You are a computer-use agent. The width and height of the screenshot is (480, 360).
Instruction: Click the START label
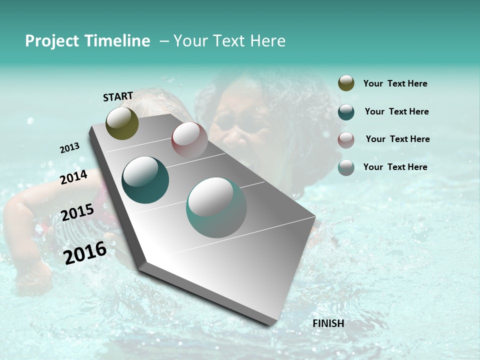118,96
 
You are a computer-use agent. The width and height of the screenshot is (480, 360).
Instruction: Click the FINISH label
328,323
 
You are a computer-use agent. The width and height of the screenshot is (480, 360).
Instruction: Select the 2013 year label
69,148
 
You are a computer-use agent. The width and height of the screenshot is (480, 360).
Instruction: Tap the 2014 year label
73,177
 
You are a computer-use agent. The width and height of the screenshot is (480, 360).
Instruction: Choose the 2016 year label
85,252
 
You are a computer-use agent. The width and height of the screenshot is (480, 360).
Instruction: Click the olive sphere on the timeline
122,123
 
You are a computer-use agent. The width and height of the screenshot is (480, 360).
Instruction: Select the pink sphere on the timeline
189,140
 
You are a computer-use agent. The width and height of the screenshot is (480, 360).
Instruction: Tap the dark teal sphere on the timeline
145,180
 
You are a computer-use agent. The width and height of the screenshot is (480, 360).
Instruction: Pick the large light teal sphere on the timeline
216,207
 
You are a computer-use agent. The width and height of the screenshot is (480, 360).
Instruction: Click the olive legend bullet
346,83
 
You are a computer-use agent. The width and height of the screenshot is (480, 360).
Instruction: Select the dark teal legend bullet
346,112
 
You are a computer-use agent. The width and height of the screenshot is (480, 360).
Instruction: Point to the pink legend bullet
346,140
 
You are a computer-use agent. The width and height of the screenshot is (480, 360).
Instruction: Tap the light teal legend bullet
346,167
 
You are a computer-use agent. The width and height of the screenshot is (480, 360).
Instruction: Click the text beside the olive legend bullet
395,83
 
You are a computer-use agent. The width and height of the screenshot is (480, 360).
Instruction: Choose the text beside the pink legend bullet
397,139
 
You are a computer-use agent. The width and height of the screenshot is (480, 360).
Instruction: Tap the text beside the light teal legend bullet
395,167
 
